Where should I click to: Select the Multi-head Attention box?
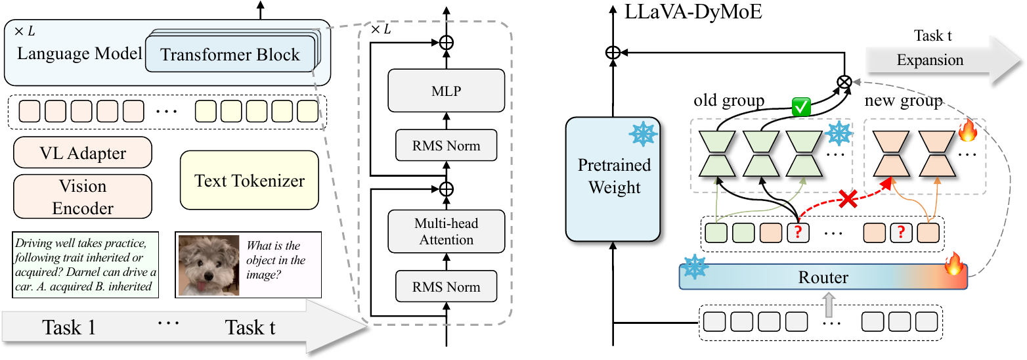coord(446,231)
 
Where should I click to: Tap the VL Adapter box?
coord(83,153)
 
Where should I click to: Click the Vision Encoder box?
coord(83,196)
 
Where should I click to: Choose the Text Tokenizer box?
coord(250,180)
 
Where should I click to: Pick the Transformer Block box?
coord(230,55)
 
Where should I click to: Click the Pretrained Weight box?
coord(613,177)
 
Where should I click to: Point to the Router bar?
coord(823,277)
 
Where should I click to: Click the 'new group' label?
coord(903,101)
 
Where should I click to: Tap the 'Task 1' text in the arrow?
coord(69,326)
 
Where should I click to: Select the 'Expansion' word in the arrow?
coord(930,60)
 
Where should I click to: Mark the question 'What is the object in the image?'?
coord(276,261)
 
